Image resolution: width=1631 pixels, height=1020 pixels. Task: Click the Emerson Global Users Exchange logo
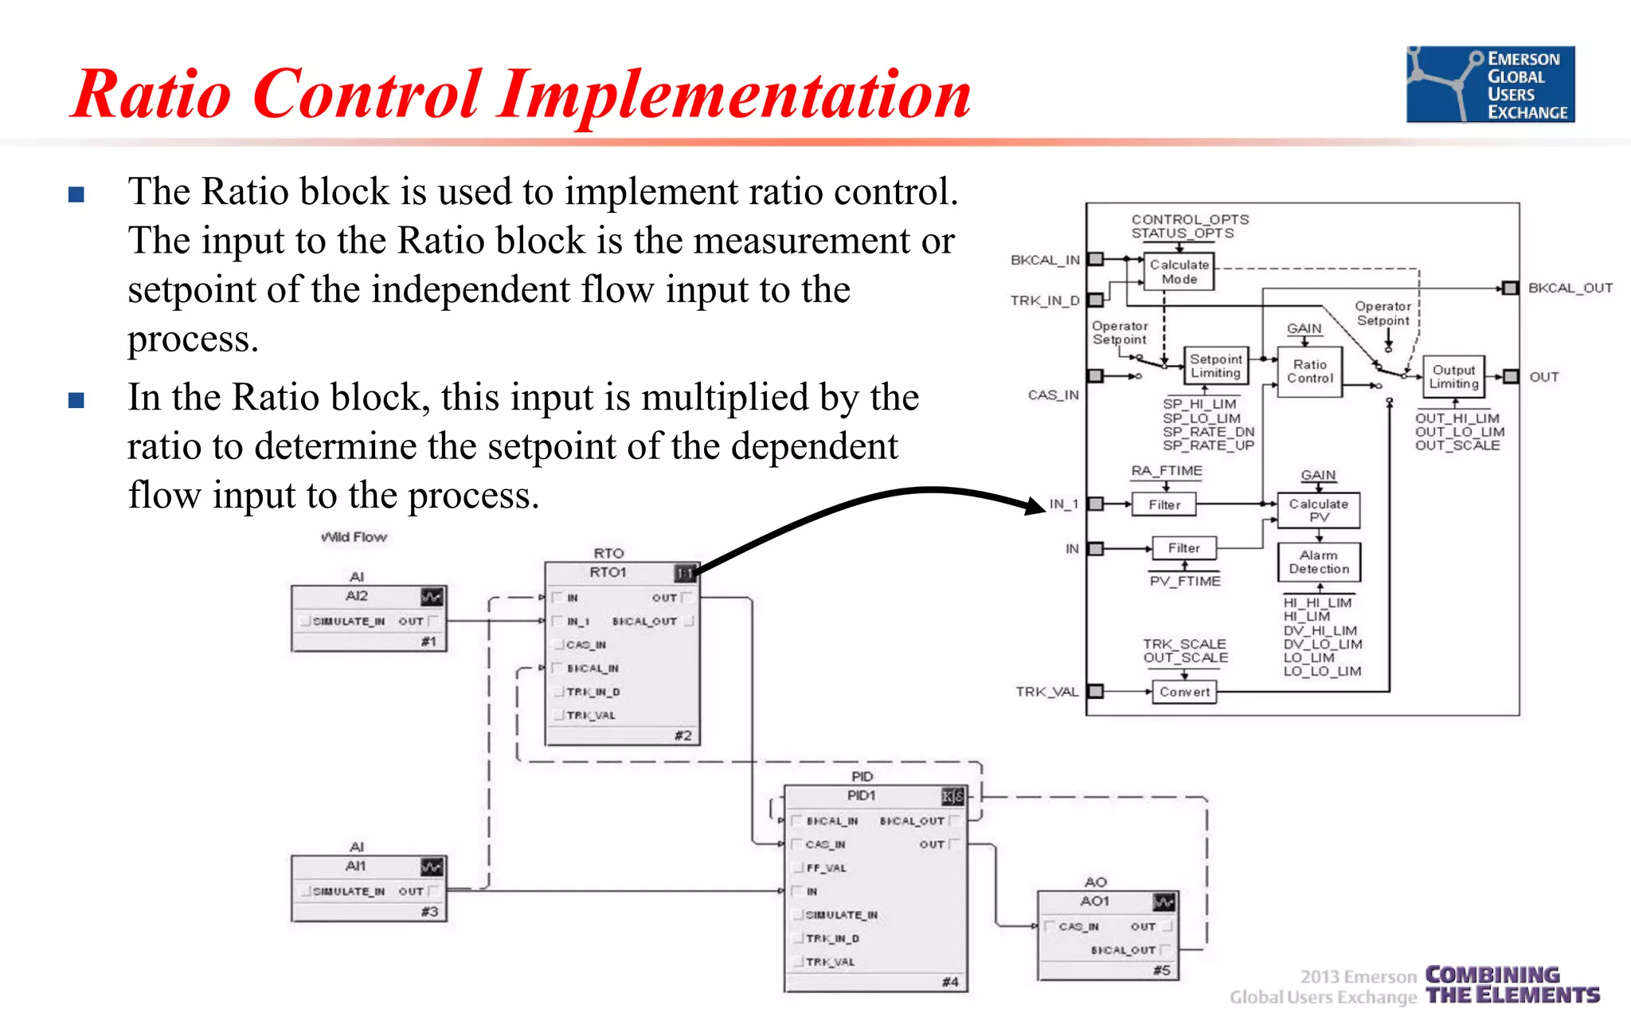click(1489, 84)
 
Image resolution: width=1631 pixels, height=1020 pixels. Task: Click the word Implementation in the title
click(736, 96)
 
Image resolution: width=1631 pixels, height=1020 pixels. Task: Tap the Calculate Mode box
click(1179, 272)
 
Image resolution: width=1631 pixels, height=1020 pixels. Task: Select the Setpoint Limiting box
click(1215, 366)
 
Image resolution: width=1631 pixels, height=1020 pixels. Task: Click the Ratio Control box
click(1309, 371)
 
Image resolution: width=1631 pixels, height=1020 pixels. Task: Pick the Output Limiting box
click(1453, 376)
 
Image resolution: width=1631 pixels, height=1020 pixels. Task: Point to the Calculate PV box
click(1318, 510)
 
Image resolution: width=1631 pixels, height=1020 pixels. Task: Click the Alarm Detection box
click(1319, 562)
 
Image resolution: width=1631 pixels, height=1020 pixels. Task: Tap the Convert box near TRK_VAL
click(1184, 692)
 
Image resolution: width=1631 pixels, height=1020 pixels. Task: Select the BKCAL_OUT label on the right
click(1570, 288)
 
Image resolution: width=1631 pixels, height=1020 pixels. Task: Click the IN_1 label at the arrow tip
click(1063, 504)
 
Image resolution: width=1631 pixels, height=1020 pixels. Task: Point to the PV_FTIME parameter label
click(1184, 581)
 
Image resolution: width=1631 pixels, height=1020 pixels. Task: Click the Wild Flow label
click(354, 537)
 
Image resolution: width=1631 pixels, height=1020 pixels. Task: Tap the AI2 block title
click(356, 596)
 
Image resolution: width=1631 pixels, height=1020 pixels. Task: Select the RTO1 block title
click(608, 572)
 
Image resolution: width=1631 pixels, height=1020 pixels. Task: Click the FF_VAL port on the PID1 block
click(826, 868)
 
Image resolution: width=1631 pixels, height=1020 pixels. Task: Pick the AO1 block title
click(1094, 901)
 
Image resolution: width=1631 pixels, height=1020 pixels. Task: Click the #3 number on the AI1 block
click(429, 912)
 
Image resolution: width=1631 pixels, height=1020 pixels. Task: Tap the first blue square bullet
click(76, 194)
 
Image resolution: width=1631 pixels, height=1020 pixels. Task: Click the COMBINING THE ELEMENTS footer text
click(1512, 986)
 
